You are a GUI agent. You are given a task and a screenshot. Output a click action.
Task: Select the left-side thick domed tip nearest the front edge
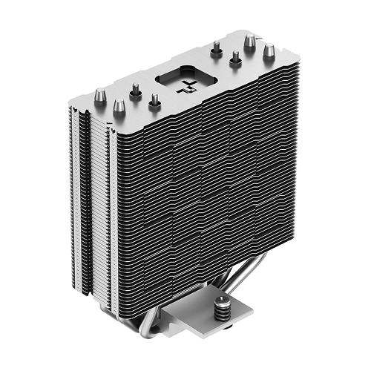(118, 108)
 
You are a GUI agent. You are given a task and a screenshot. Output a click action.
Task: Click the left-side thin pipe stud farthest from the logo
(136, 91)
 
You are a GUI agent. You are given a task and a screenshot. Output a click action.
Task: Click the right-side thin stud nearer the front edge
(235, 59)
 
